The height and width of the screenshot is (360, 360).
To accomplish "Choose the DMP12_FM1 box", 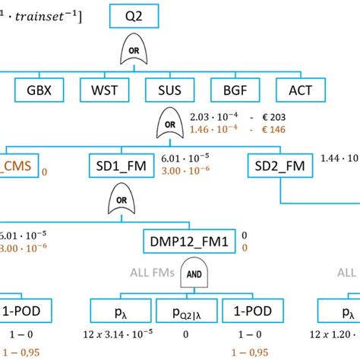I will (x=190, y=242).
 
